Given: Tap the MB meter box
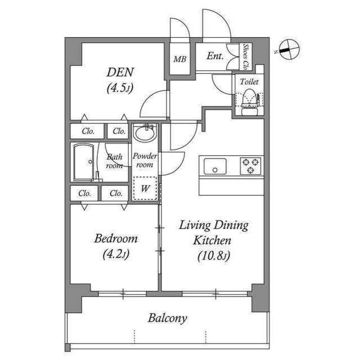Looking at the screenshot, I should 180,58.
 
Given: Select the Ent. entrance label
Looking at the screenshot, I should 215,56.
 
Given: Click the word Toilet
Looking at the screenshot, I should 249,82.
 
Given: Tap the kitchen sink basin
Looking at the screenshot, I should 215,166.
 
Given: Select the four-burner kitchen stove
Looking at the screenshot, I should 250,166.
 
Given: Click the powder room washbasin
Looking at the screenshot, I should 145,134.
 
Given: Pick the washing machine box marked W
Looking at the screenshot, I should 145,188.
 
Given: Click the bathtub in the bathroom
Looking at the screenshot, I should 86,161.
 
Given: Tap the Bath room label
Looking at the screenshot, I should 115,161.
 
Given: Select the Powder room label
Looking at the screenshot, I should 145,161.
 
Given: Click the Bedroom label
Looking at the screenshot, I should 115,238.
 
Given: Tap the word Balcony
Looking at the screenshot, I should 168,318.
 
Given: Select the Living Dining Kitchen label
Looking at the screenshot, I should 214,233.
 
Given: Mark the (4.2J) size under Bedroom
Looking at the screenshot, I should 115,254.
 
